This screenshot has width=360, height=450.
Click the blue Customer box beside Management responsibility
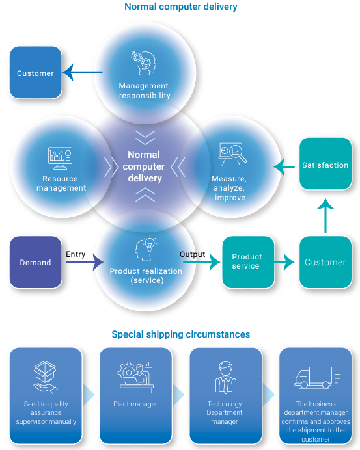[x=36, y=73]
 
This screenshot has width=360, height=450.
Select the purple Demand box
[x=36, y=262]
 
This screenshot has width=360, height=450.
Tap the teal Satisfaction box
[x=325, y=164]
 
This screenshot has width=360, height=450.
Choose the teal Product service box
[x=248, y=262]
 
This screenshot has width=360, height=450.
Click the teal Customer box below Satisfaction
[x=325, y=262]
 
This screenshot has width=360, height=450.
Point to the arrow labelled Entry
[x=85, y=262]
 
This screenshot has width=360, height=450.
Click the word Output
[x=192, y=254]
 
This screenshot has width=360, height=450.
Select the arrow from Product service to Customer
[x=284, y=261]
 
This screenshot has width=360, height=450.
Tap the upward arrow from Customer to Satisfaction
[x=325, y=216]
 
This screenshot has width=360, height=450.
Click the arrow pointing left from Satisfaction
[x=284, y=166]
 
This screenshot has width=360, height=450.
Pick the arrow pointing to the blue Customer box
[x=83, y=72]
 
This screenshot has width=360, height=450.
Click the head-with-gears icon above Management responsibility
[x=144, y=63]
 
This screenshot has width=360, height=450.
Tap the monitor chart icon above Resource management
[x=60, y=159]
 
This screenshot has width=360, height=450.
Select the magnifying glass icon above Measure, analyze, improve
[x=232, y=154]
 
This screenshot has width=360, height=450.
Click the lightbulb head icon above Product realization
[x=145, y=249]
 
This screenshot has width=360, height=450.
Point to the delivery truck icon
[x=317, y=378]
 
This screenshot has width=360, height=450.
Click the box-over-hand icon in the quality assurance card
[x=45, y=377]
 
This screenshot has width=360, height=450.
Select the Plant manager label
[x=135, y=404]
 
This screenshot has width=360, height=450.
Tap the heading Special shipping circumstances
[x=181, y=334]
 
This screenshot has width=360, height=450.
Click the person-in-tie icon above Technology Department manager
[x=226, y=377]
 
